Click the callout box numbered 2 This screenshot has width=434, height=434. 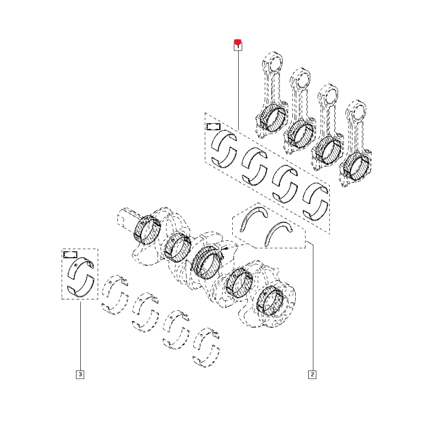pos(312,374)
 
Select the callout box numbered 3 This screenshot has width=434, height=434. pos(80,374)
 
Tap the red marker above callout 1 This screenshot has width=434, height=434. pos(238,42)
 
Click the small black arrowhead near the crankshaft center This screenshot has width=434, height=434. pos(225,249)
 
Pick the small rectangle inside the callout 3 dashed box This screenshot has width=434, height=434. pos(71,254)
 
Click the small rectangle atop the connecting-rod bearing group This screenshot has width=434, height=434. pos(214,127)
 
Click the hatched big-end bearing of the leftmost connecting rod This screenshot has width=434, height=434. pos(273,118)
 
